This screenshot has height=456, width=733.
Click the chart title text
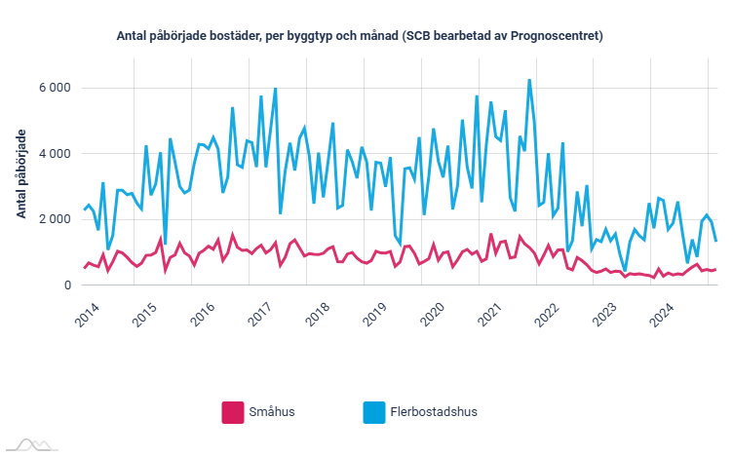click(361, 37)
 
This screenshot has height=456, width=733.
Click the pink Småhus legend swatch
click(233, 412)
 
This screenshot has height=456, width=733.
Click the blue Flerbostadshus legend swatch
click(374, 412)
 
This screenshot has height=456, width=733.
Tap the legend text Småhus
click(272, 412)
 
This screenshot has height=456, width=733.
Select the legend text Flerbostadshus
click(435, 412)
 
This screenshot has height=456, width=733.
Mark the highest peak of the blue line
click(529, 80)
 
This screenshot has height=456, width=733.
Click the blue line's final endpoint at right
click(716, 241)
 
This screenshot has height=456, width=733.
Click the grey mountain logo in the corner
click(29, 444)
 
